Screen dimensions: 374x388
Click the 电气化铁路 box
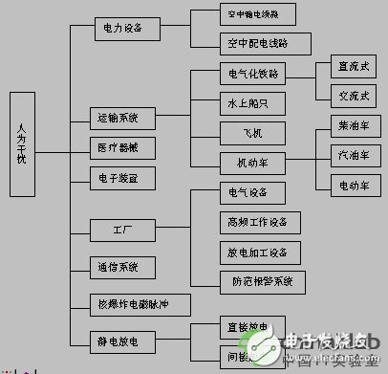pos(252,73)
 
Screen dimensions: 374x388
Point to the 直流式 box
pos(348,67)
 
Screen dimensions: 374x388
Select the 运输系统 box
pos(119,119)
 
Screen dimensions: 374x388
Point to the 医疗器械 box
pos(119,147)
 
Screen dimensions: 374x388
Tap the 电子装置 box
pos(119,177)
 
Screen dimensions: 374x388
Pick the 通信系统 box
pos(119,266)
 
